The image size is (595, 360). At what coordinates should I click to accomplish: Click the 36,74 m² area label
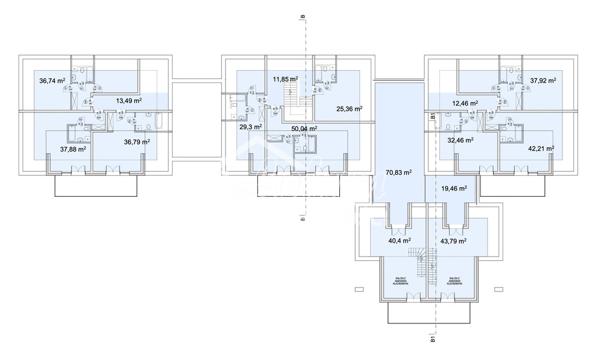coord(52,81)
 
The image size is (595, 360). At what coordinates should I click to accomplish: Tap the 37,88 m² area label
coord(73,148)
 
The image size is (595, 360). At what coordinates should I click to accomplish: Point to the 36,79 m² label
coord(137,141)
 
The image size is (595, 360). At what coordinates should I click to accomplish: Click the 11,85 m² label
coord(286,79)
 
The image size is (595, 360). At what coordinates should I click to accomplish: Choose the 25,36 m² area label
coord(349,108)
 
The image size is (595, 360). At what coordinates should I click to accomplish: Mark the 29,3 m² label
coord(250,126)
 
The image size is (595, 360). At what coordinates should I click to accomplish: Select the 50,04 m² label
coord(304,128)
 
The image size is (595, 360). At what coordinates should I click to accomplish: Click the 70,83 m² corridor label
coord(399,172)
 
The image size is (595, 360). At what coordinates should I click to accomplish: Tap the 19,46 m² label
coord(454,188)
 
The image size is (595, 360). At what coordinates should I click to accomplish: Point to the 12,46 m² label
coord(465,103)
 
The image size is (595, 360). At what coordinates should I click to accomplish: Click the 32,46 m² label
coord(460,140)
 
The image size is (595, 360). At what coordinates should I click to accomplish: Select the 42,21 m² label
coord(541,148)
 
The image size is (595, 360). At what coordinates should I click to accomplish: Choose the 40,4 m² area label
coord(399,240)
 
